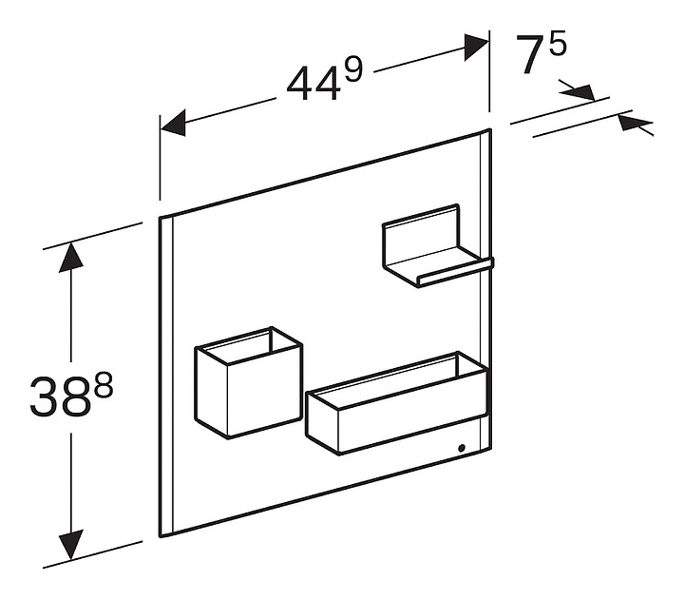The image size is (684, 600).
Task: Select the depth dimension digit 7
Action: coord(531,58)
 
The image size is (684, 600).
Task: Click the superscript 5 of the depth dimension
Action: coord(557,44)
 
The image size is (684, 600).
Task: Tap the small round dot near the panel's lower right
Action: coord(462,447)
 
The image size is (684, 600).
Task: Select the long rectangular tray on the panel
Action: coord(394,409)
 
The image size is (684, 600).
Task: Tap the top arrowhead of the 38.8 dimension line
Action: coord(68,258)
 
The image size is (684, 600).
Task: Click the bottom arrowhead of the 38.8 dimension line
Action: coord(68,547)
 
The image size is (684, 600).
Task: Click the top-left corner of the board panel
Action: coord(160,218)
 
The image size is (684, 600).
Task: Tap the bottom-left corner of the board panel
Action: coord(160,534)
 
